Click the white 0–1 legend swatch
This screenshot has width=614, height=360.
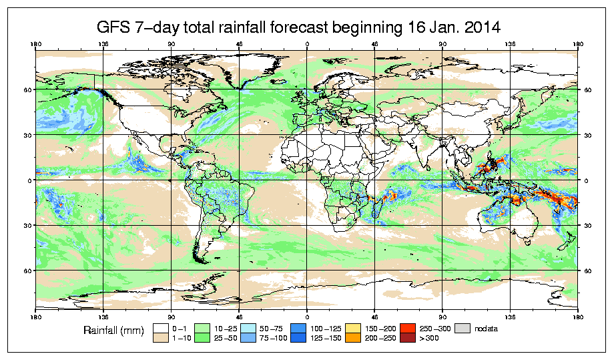[160, 328]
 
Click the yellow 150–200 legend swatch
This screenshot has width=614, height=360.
[353, 328]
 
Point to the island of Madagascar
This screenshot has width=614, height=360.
[377, 208]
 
